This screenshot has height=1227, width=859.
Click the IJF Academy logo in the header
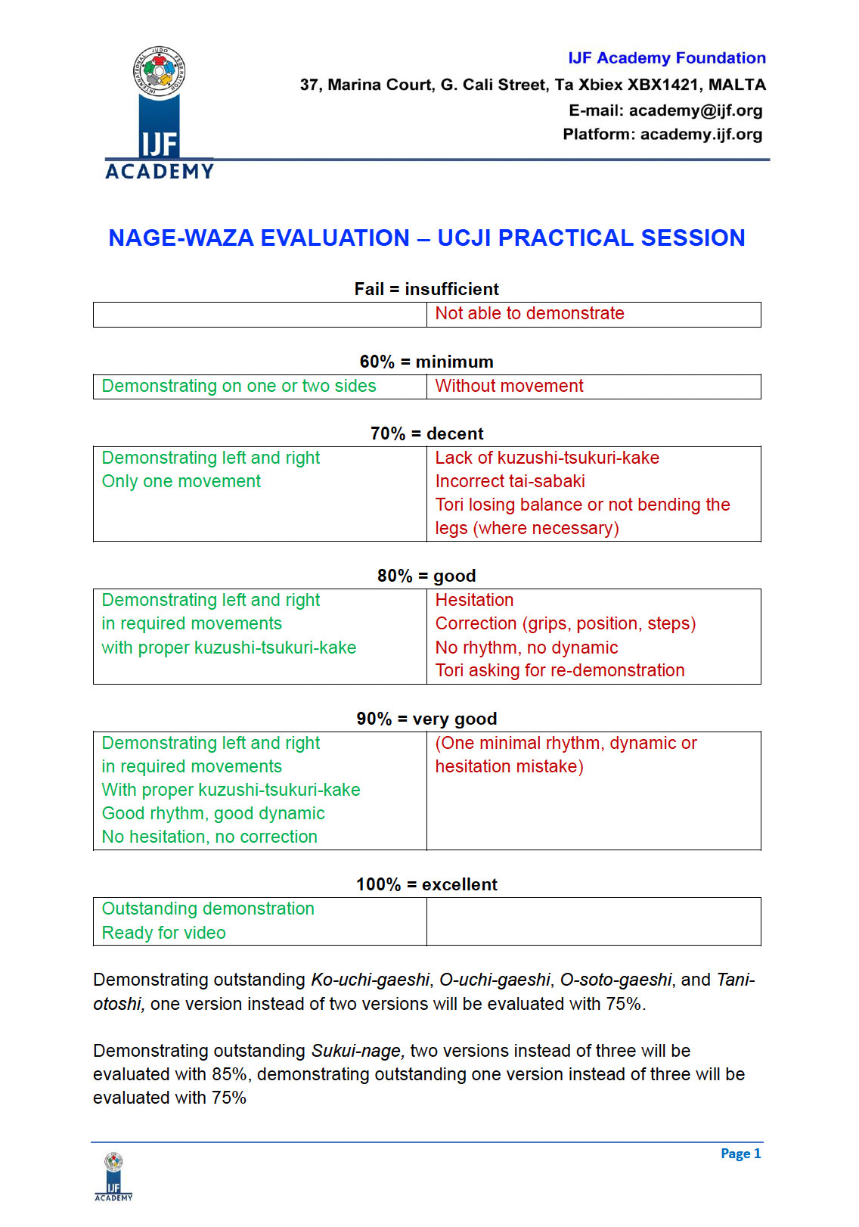click(160, 113)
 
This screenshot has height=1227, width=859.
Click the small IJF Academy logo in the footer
click(113, 1176)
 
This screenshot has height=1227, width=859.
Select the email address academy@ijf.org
click(695, 110)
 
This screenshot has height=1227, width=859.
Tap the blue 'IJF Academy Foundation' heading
click(666, 58)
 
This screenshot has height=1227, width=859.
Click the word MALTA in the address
click(737, 85)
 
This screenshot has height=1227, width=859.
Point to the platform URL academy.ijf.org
click(701, 135)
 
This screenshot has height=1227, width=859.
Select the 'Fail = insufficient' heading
click(426, 289)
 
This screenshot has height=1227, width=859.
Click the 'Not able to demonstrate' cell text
click(529, 314)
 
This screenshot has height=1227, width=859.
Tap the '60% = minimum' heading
click(426, 362)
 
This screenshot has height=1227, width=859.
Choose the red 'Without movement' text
click(509, 387)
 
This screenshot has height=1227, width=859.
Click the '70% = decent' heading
click(426, 433)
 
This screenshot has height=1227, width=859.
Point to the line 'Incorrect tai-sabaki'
click(510, 482)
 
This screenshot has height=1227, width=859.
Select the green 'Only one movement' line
click(181, 482)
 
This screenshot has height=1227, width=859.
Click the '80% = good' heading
click(426, 576)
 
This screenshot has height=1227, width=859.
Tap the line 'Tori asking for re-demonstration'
click(560, 671)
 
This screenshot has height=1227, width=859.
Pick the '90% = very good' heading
click(426, 719)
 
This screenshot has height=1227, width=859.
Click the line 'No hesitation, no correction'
click(209, 837)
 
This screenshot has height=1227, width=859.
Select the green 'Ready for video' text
click(163, 933)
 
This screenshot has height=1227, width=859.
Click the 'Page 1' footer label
click(740, 1154)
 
